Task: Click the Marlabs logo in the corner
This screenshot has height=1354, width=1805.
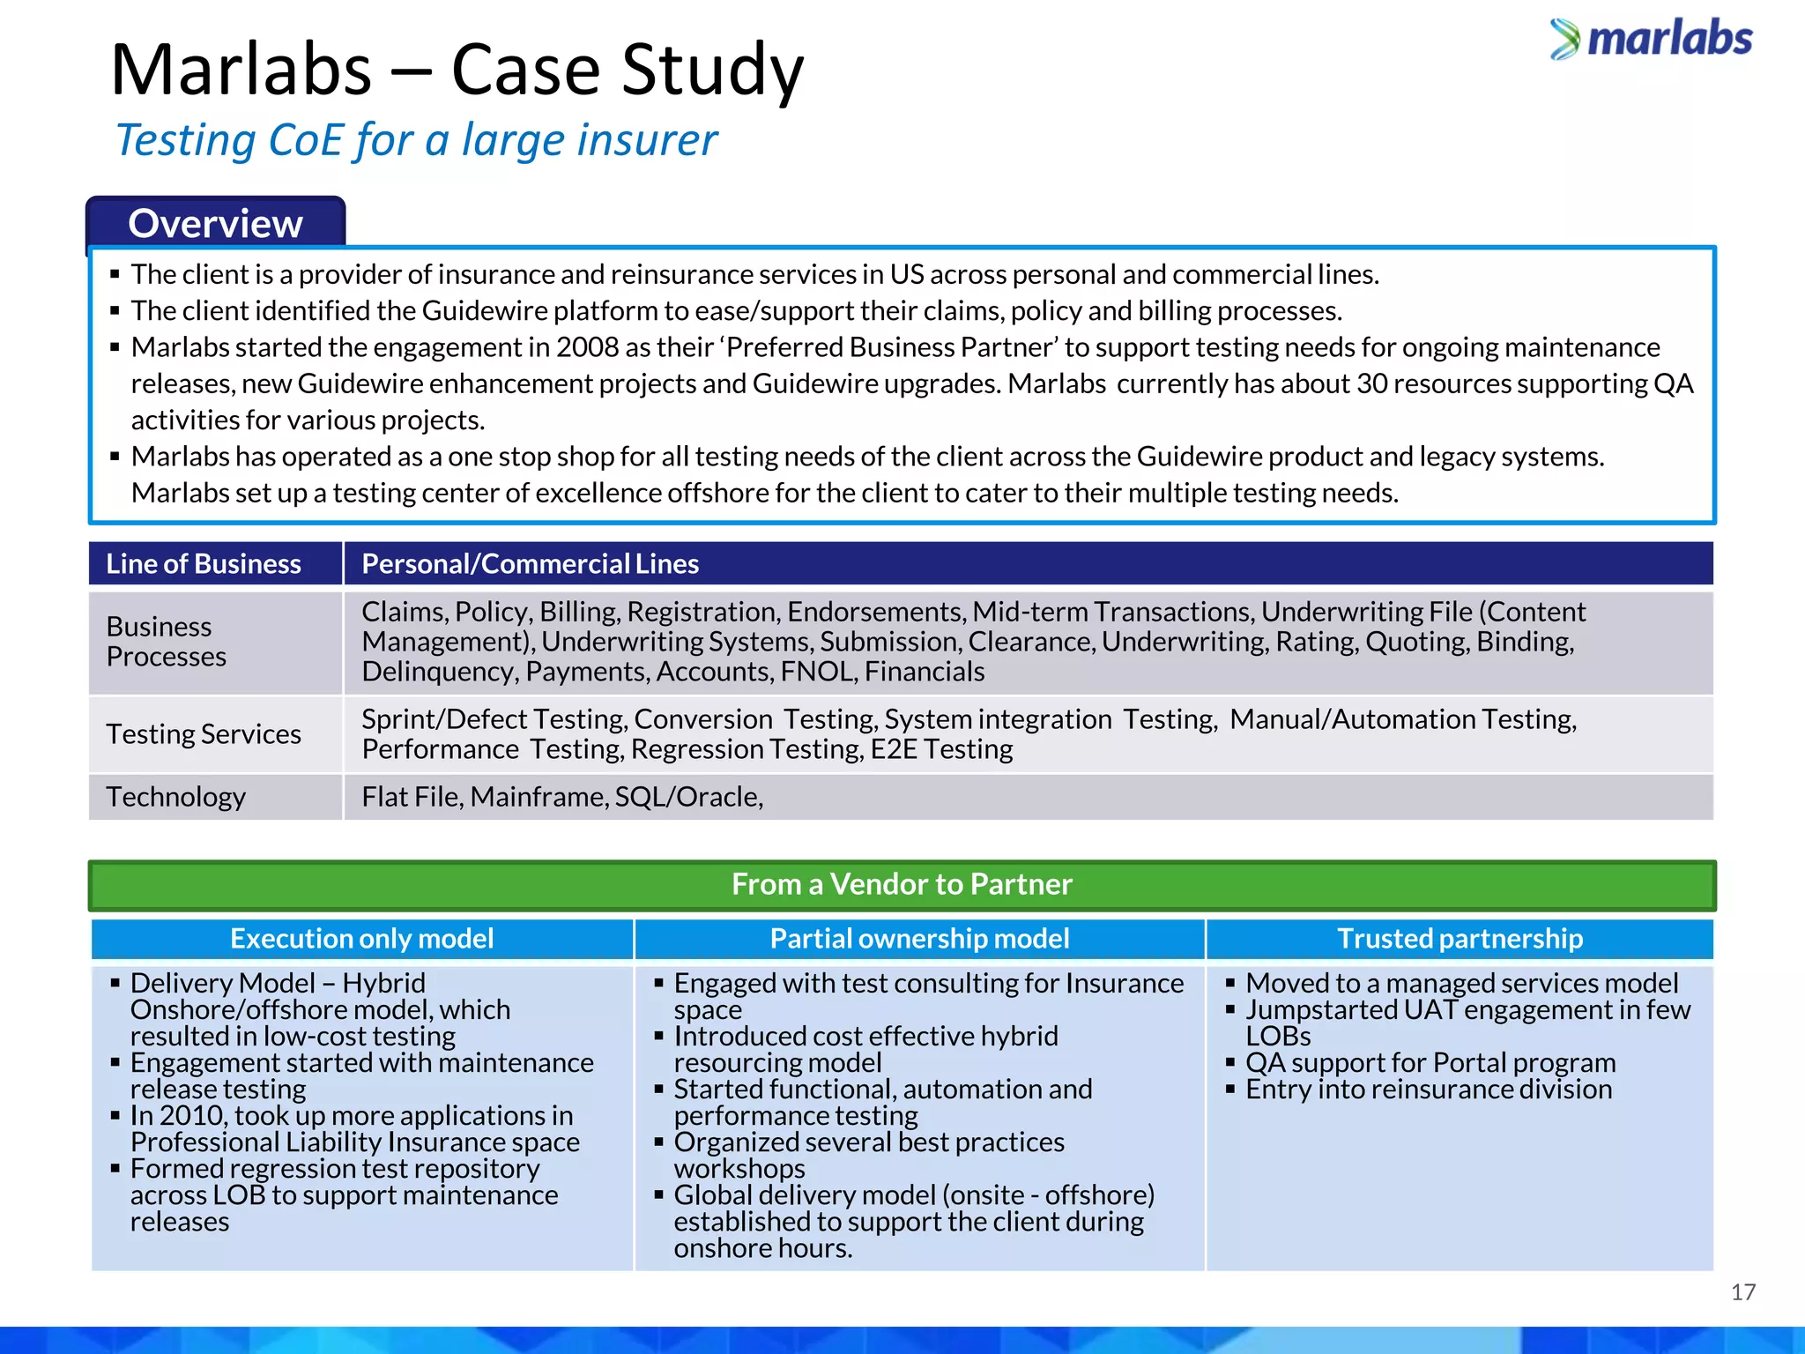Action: pyautogui.click(x=1652, y=39)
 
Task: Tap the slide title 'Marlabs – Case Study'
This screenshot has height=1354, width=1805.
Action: pyautogui.click(x=457, y=70)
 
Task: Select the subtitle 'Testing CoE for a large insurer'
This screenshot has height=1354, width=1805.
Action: pyautogui.click(x=416, y=140)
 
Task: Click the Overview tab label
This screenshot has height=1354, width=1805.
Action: pyautogui.click(x=215, y=224)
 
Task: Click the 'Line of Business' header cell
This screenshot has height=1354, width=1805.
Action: pyautogui.click(x=204, y=564)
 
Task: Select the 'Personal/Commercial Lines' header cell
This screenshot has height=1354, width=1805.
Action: pyautogui.click(x=530, y=564)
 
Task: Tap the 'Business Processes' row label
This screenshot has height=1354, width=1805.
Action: pyautogui.click(x=166, y=642)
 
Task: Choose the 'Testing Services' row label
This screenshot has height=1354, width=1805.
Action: pyautogui.click(x=204, y=734)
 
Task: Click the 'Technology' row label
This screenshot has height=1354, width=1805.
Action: pyautogui.click(x=175, y=797)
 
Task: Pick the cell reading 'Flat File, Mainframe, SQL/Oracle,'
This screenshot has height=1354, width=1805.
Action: pyautogui.click(x=562, y=797)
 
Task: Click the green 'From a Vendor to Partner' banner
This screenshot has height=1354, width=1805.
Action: pyautogui.click(x=902, y=884)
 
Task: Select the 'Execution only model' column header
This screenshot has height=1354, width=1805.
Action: pyautogui.click(x=361, y=939)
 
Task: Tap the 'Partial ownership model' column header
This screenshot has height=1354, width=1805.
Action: pyautogui.click(x=919, y=939)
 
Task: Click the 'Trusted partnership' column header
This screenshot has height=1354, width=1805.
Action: pyautogui.click(x=1460, y=939)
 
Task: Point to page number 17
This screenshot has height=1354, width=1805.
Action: pyautogui.click(x=1742, y=1292)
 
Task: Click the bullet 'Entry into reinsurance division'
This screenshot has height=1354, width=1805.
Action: pyautogui.click(x=1428, y=1090)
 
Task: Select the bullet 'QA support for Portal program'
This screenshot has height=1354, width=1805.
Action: pyautogui.click(x=1430, y=1063)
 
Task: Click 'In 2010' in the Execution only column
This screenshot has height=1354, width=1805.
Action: pyautogui.click(x=179, y=1116)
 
